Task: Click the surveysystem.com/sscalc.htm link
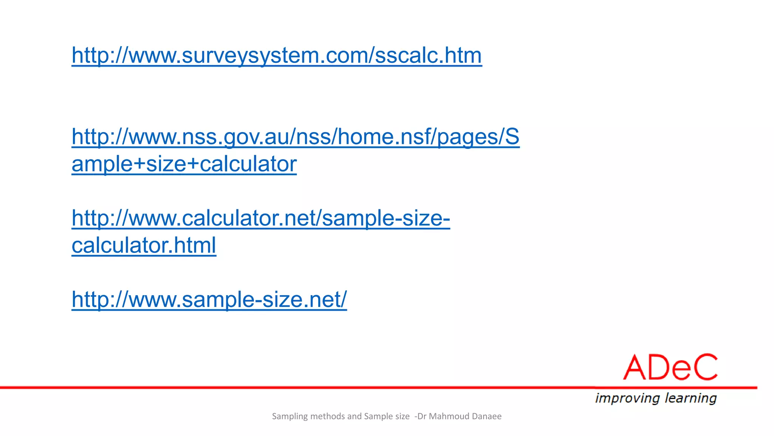point(277,56)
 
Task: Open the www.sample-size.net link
point(209,300)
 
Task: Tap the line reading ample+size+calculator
point(184,164)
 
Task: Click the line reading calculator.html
point(144,246)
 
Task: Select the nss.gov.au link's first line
point(296,137)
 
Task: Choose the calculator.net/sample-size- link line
point(261,218)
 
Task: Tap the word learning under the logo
point(691,398)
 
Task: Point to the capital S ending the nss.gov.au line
point(512,137)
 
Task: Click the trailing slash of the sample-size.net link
point(343,300)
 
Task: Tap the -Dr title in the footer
point(421,416)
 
